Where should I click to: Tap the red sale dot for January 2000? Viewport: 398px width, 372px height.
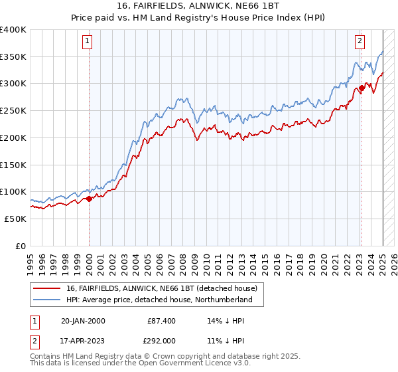89,198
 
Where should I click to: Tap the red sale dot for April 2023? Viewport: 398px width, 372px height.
362,87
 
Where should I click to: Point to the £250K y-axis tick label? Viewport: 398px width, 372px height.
13,110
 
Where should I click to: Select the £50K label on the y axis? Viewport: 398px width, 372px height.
15,219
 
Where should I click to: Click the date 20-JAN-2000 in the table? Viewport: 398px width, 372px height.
83,321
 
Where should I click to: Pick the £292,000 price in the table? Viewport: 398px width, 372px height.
162,340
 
